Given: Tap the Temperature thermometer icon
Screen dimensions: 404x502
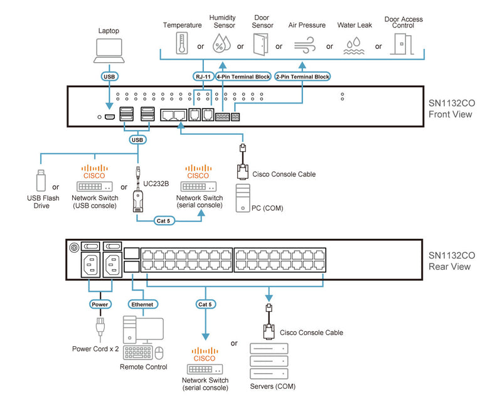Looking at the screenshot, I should [x=182, y=45].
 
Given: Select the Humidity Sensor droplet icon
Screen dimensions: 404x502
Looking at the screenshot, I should [x=222, y=45].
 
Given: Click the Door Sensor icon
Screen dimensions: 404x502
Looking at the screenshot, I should [x=260, y=45].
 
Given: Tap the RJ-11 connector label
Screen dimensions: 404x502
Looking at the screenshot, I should [x=202, y=77].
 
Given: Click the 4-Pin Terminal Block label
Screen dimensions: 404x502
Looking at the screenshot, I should [x=243, y=77].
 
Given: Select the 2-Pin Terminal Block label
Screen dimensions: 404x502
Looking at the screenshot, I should [x=303, y=77].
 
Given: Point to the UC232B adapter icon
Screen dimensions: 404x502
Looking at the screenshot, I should [x=137, y=199].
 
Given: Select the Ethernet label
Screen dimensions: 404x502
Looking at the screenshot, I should [x=141, y=304].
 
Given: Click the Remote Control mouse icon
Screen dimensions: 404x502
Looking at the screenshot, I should [x=159, y=353].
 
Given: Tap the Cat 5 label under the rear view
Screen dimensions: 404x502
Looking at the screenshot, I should [x=205, y=304].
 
